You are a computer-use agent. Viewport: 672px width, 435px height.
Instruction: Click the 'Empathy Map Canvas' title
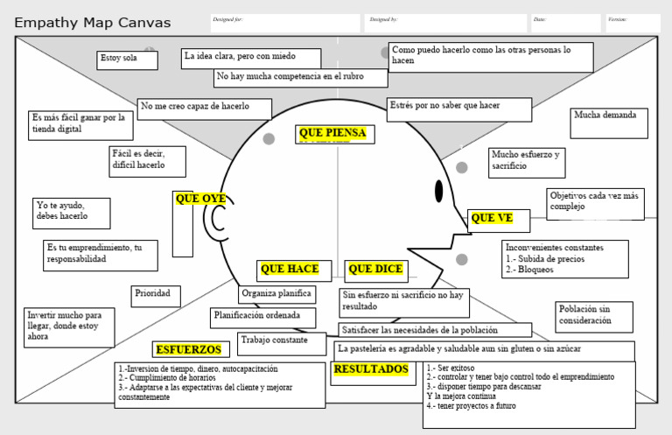[93, 23]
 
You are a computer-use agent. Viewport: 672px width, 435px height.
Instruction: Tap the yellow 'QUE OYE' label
[200, 200]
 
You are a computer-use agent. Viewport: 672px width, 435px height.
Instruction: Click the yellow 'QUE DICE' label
[375, 270]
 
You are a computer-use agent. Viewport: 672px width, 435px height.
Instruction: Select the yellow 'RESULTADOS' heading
[370, 369]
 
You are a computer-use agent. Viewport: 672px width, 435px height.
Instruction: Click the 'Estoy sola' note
[127, 60]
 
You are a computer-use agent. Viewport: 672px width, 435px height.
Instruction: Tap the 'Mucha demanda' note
[609, 123]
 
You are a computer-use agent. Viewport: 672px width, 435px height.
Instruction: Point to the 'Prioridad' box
[157, 296]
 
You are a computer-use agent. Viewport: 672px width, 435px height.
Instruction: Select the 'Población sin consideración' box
[593, 316]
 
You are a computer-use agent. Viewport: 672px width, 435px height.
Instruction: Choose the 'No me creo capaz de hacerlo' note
[204, 109]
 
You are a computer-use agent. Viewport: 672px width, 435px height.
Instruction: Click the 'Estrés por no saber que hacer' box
[458, 109]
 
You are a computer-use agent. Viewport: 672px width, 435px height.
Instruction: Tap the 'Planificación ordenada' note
[263, 316]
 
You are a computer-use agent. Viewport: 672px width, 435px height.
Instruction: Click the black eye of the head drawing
[439, 191]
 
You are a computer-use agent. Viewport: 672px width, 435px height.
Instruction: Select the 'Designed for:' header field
[284, 23]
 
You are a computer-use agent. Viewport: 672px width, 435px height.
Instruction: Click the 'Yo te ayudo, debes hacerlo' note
[72, 212]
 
